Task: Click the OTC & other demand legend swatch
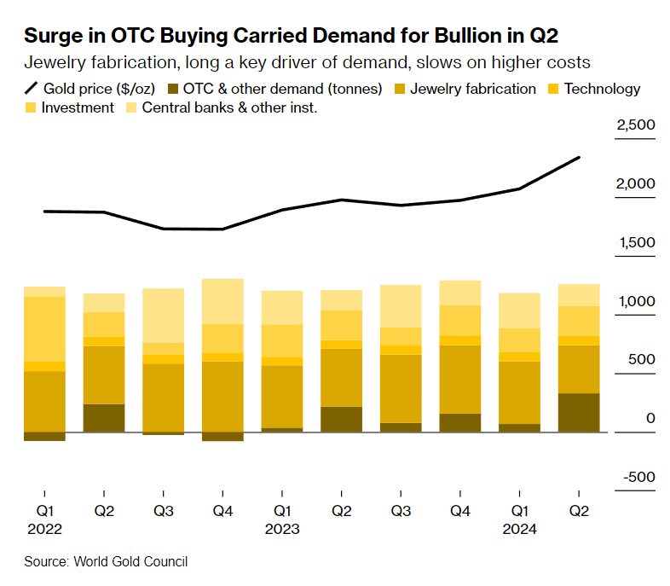(175, 89)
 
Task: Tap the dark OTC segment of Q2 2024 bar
(579, 412)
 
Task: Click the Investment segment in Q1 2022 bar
(44, 328)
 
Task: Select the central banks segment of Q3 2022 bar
(164, 316)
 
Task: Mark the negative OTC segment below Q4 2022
(223, 436)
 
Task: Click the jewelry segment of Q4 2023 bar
(460, 379)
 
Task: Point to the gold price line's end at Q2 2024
(580, 158)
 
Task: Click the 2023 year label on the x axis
(282, 529)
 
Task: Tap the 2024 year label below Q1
(520, 529)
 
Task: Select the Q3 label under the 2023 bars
(401, 511)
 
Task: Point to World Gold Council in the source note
(130, 561)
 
